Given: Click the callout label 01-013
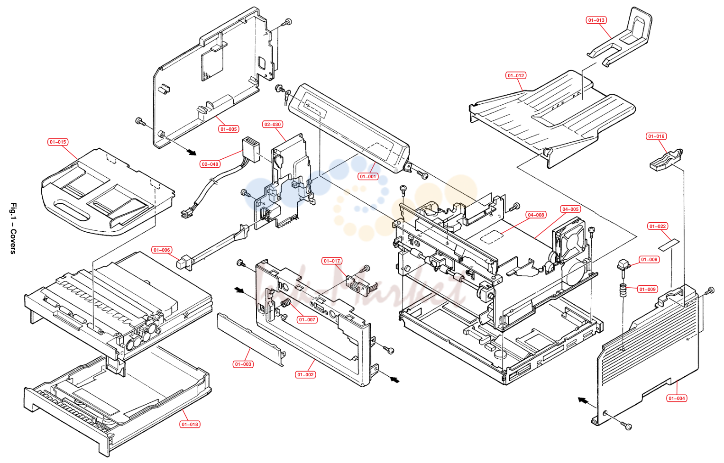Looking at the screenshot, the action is click(596, 20).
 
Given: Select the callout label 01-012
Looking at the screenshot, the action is click(516, 76).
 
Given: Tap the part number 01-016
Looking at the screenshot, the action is click(656, 136).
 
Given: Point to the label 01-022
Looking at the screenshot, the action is click(658, 226).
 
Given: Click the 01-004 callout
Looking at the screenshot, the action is click(677, 399).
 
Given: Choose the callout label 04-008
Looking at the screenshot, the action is click(536, 215).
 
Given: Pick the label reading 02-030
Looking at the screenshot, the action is click(273, 124).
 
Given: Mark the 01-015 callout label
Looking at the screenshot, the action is click(58, 142).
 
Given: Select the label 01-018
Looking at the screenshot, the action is click(190, 424).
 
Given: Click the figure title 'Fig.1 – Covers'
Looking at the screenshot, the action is click(13, 228).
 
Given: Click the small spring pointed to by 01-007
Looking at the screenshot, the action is click(285, 303).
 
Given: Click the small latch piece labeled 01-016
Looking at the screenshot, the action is click(666, 160).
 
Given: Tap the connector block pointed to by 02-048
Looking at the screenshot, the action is click(251, 150).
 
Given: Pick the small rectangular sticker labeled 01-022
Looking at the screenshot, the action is click(669, 245).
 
